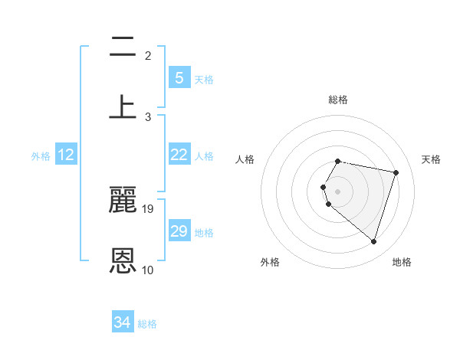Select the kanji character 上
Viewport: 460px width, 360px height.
click(123, 107)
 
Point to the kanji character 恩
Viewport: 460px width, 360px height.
click(123, 260)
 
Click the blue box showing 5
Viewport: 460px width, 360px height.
click(179, 77)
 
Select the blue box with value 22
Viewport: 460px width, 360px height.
click(179, 155)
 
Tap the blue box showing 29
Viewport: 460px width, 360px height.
click(179, 231)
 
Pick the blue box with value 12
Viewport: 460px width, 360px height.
click(66, 155)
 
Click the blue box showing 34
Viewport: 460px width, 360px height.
click(122, 322)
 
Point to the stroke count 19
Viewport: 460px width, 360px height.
click(148, 208)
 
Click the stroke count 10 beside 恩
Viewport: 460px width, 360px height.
click(148, 270)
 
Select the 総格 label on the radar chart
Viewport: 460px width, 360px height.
click(338, 100)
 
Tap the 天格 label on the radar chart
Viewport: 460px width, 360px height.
click(431, 159)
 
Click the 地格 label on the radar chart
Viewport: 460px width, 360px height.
click(402, 262)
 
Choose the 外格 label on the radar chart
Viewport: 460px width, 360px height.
click(270, 262)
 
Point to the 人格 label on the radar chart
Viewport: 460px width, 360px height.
click(245, 159)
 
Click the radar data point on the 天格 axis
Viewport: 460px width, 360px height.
click(396, 172)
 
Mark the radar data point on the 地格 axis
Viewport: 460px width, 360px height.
click(373, 242)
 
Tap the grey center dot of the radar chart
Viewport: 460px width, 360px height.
click(338, 191)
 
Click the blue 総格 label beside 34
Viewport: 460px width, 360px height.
click(147, 324)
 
